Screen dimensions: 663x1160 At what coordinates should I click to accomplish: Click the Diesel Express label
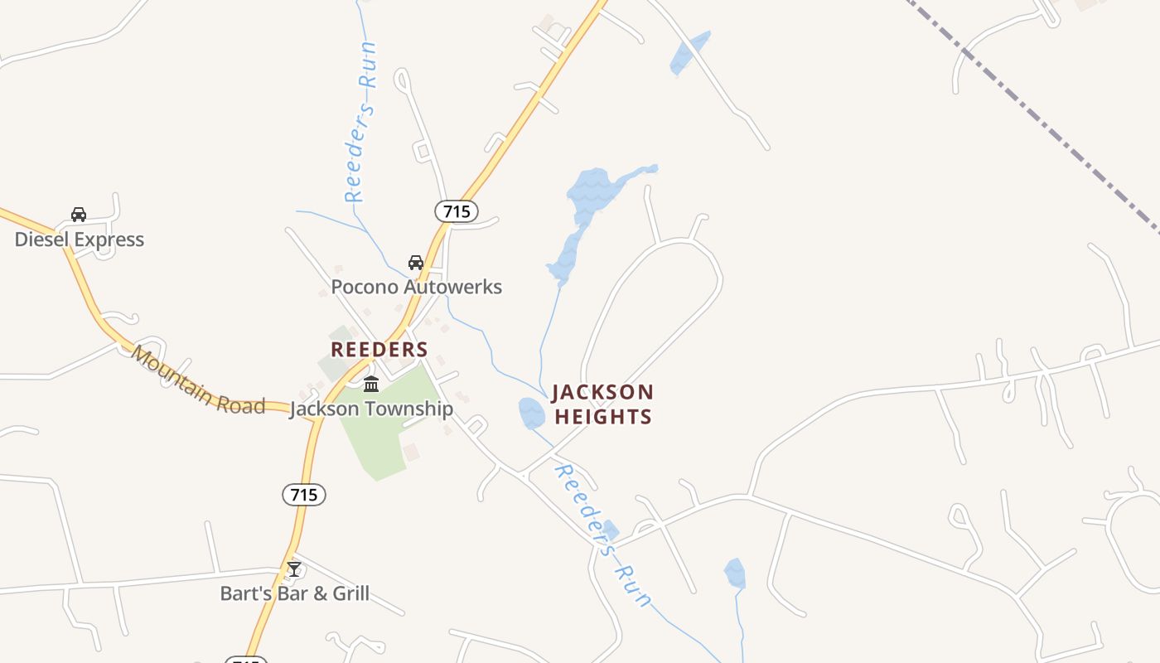(x=80, y=240)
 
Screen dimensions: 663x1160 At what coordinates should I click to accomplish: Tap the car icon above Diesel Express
(x=79, y=215)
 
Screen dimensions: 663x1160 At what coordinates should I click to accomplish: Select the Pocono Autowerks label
(x=416, y=287)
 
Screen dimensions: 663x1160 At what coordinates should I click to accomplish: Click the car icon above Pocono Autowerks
(x=416, y=263)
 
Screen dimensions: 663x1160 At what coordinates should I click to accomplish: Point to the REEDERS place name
(x=379, y=349)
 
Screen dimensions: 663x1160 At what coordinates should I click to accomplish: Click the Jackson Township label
(x=371, y=409)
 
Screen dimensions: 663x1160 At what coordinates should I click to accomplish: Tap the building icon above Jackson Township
(x=371, y=385)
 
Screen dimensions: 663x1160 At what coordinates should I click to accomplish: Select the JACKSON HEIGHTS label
(x=602, y=404)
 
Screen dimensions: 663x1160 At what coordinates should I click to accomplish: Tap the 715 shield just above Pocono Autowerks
(x=457, y=211)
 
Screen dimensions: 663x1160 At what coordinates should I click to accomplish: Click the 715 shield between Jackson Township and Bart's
(x=304, y=495)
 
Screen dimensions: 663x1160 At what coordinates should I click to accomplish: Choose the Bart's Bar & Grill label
(x=295, y=593)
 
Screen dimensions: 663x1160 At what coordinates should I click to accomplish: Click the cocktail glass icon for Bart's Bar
(x=294, y=569)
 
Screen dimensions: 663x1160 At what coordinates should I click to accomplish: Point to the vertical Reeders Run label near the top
(x=362, y=122)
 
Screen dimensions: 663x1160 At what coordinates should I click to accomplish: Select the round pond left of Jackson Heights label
(x=531, y=413)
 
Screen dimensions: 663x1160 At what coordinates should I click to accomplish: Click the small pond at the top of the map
(x=689, y=53)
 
